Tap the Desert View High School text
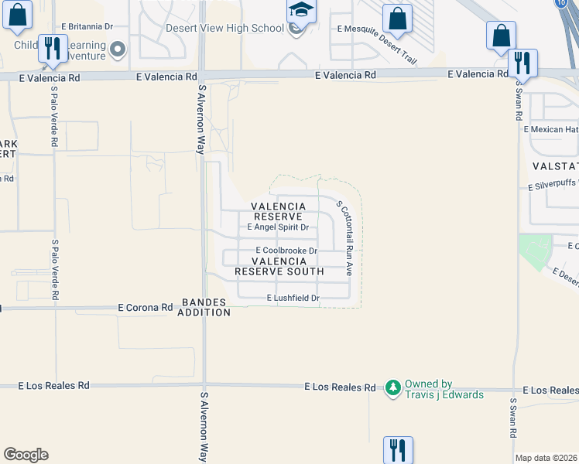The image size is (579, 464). pyautogui.click(x=224, y=29)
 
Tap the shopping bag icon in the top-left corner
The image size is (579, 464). pyautogui.click(x=17, y=15)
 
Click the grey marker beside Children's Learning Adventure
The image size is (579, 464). pyautogui.click(x=118, y=50)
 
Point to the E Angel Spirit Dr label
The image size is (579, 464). pyautogui.click(x=278, y=227)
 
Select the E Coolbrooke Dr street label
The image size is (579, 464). pyautogui.click(x=286, y=251)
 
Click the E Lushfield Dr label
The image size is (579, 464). pyautogui.click(x=293, y=298)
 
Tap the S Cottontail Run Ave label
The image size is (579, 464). pyautogui.click(x=344, y=238)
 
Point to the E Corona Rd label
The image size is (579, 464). pyautogui.click(x=146, y=307)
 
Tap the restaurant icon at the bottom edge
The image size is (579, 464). pyautogui.click(x=398, y=449)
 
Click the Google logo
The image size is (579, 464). pyautogui.click(x=26, y=455)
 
